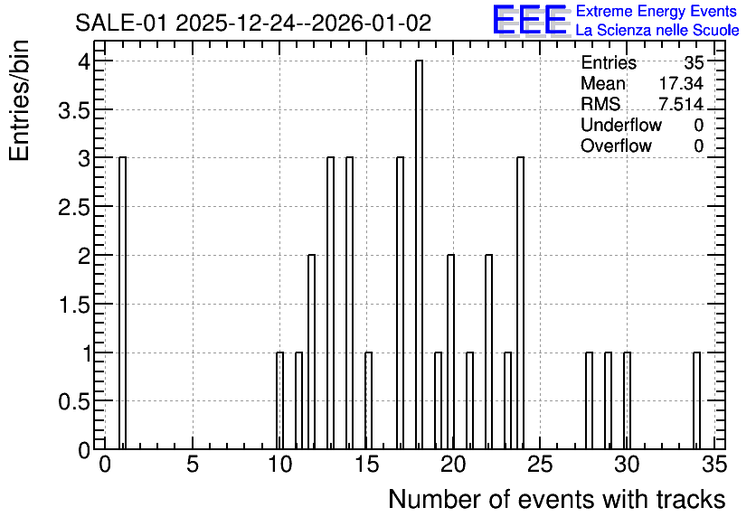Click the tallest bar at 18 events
(419, 254)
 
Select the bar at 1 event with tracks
(122, 303)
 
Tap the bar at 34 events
(696, 400)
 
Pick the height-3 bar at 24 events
(520, 303)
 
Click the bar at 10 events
(279, 400)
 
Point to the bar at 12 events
(311, 352)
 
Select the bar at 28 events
(590, 400)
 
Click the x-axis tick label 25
(540, 465)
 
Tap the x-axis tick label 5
(193, 465)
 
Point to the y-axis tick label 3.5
(74, 111)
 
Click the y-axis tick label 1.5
(74, 305)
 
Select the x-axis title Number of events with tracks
(557, 499)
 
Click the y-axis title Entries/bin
(19, 100)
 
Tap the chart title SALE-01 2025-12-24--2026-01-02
(253, 23)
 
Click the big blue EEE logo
(530, 21)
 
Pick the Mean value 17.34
(681, 83)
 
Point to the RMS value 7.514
(681, 104)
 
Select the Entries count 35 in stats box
(694, 62)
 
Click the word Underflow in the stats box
(621, 125)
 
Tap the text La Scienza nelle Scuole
(657, 31)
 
